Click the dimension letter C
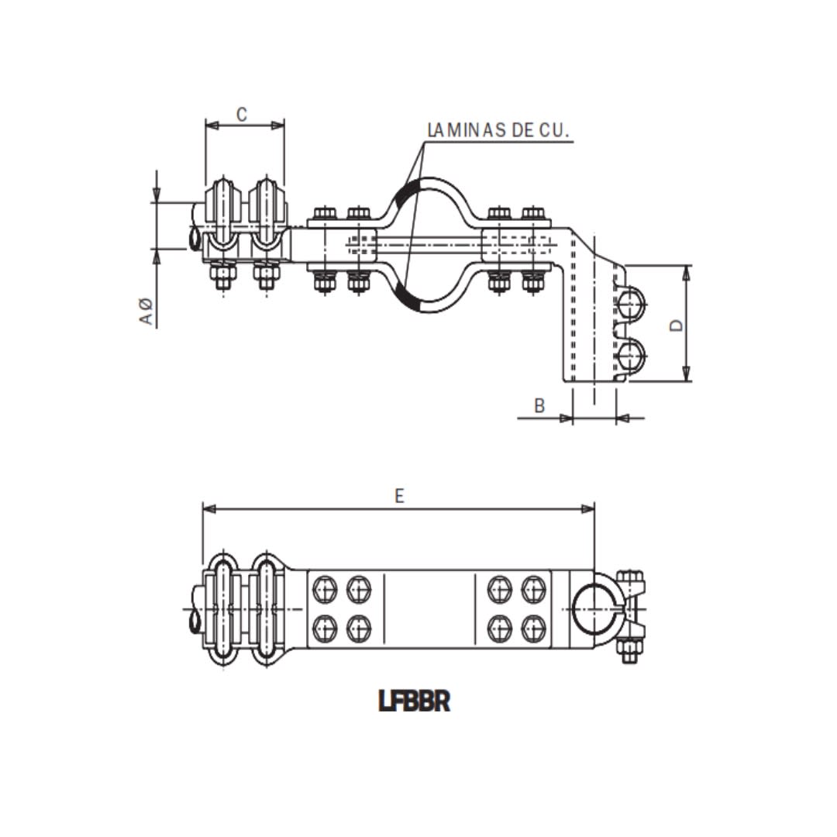[242, 115]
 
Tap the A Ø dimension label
[146, 311]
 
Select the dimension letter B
[539, 405]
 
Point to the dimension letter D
[676, 324]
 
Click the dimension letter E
[399, 496]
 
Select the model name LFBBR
[415, 701]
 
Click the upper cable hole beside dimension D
[632, 302]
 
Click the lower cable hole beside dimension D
[632, 356]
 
